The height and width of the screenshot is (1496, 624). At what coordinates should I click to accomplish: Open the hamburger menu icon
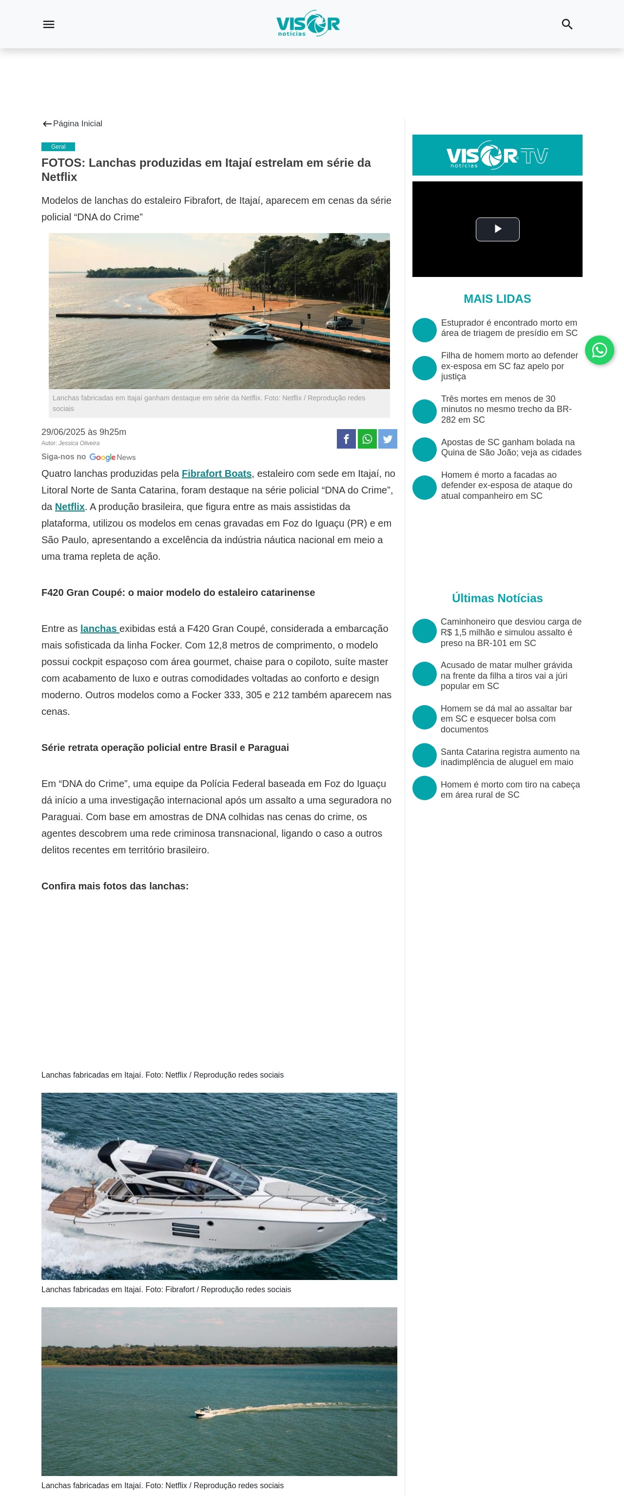(49, 24)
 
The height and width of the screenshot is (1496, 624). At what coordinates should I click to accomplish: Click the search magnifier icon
(566, 24)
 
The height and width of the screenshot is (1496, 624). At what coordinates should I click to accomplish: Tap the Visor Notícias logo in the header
(308, 24)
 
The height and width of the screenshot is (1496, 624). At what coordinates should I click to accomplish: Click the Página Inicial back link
(73, 124)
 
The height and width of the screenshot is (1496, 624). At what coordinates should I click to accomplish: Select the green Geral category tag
(58, 147)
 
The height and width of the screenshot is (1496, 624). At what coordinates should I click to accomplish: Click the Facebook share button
(346, 439)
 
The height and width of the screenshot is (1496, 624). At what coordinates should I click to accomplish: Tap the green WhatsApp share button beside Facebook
(367, 439)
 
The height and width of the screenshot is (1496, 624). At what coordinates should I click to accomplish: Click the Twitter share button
(388, 439)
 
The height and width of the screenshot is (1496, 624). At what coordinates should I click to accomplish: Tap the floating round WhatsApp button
(599, 350)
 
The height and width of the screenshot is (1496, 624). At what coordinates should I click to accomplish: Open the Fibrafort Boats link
(216, 474)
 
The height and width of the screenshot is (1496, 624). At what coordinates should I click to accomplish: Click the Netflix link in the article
(70, 507)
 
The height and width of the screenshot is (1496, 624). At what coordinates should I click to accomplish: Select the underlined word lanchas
(98, 629)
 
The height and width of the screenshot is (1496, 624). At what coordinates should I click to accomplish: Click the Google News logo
(113, 458)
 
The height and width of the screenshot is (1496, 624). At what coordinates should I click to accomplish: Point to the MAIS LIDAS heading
(497, 299)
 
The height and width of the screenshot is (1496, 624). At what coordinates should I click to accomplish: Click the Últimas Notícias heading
(497, 598)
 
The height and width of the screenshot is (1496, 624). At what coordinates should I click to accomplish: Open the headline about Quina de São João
(511, 448)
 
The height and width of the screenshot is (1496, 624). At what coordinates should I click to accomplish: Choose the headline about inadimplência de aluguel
(509, 757)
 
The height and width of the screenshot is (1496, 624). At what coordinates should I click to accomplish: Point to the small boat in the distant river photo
(203, 1411)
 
